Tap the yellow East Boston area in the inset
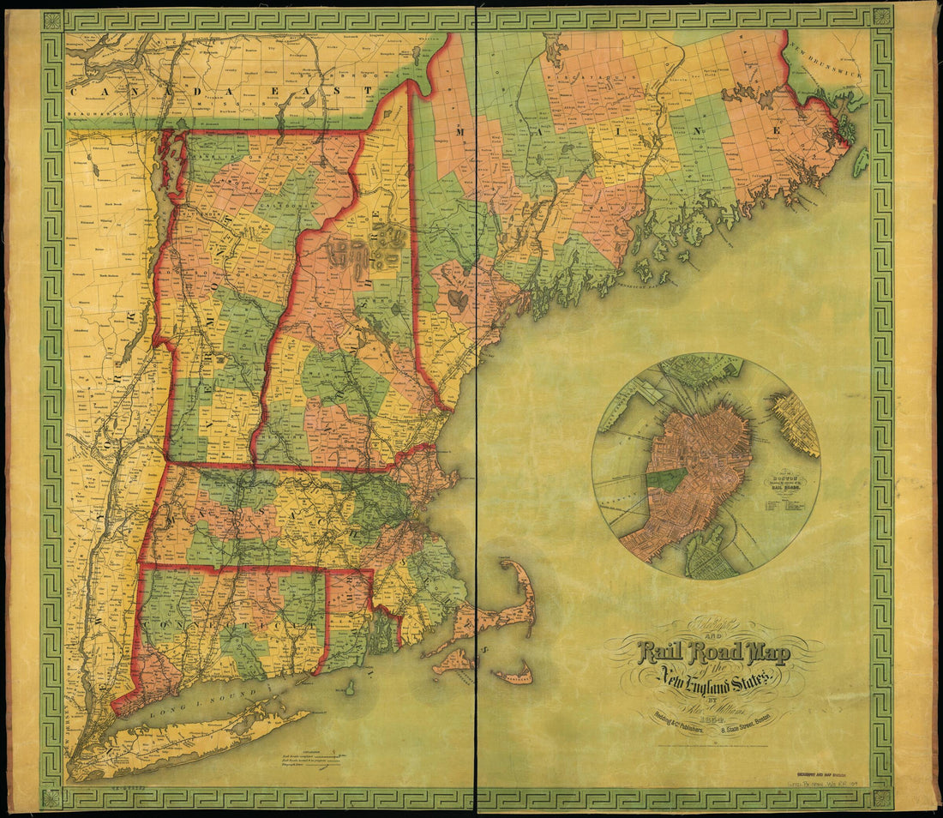coord(796,423)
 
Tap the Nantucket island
coord(513,677)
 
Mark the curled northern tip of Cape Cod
coord(508,566)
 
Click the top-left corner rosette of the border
coord(51,20)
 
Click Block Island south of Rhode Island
coord(350,688)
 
